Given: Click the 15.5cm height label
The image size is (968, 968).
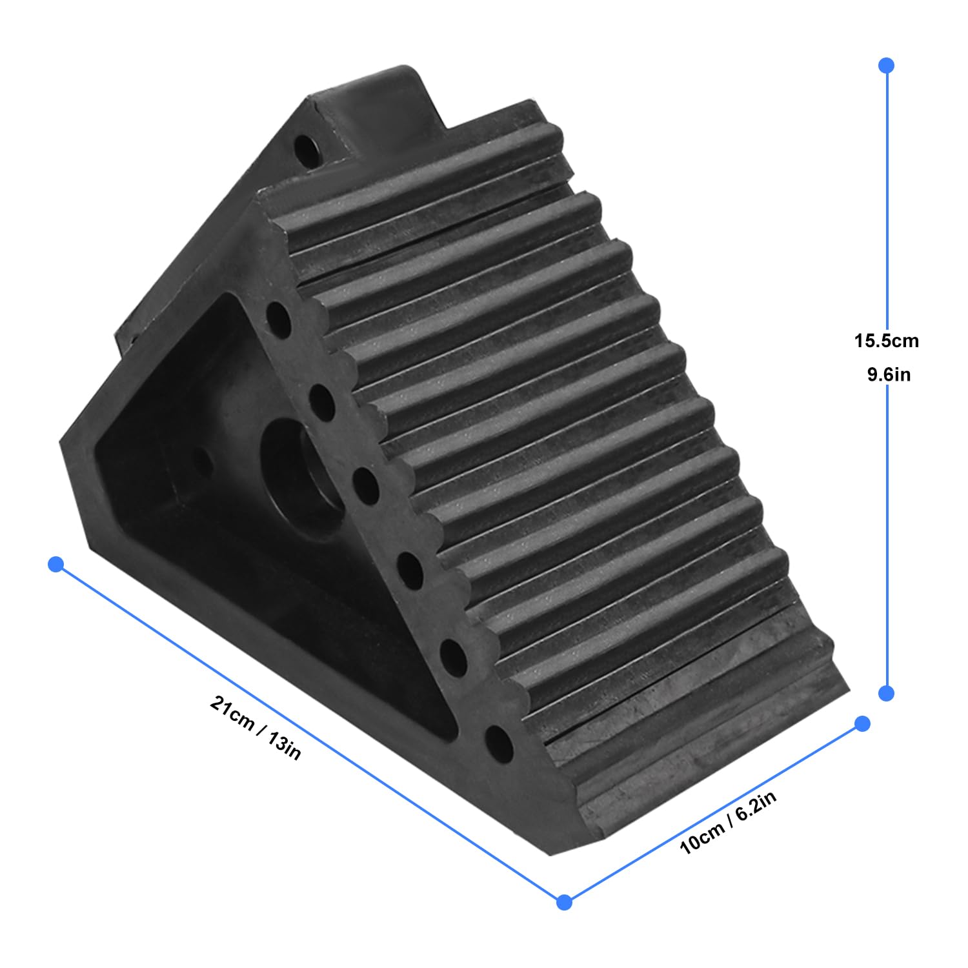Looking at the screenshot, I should tap(886, 341).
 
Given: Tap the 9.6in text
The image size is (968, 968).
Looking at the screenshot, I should tap(888, 374).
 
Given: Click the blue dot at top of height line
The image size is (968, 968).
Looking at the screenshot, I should tap(886, 65).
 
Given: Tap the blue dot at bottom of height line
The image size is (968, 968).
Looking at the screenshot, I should tap(887, 693).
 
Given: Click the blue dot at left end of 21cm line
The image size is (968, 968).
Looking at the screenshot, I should tap(56, 565).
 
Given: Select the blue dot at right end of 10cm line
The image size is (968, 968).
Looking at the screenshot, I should tap(862, 723).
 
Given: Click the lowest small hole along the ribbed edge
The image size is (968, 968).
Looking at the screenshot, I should tap(499, 746).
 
